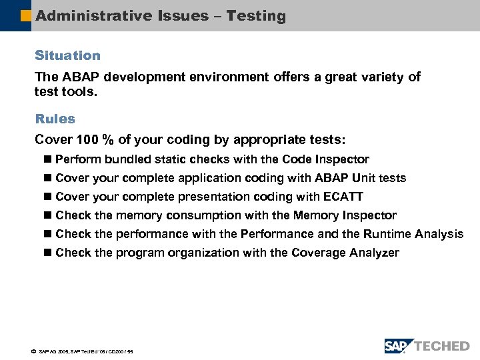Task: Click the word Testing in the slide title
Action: tap(256, 16)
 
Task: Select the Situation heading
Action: tap(67, 55)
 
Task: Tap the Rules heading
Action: tap(55, 119)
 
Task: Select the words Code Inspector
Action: tap(325, 159)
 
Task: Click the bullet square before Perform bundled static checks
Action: tap(46, 160)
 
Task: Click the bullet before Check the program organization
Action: tap(46, 253)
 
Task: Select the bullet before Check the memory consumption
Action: tap(46, 216)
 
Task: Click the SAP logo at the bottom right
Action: tap(399, 346)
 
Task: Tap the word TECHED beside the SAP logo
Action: tap(443, 346)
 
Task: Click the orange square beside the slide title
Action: tap(25, 16)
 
